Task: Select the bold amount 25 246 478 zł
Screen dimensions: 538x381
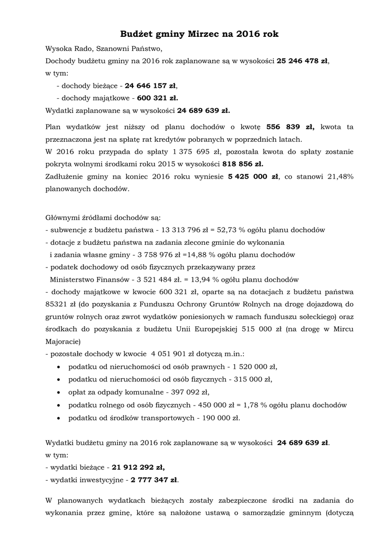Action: pyautogui.click(x=302, y=61)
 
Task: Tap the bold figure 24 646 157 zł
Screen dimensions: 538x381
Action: pyautogui.click(x=151, y=85)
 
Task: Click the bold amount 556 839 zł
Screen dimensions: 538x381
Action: pyautogui.click(x=290, y=127)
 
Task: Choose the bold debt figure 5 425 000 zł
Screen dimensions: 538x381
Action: pyautogui.click(x=253, y=177)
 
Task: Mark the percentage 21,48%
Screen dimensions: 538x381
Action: pyautogui.click(x=341, y=177)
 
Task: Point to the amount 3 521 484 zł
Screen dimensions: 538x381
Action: pyautogui.click(x=152, y=279)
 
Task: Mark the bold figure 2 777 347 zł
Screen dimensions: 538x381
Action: pyautogui.click(x=155, y=479)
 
